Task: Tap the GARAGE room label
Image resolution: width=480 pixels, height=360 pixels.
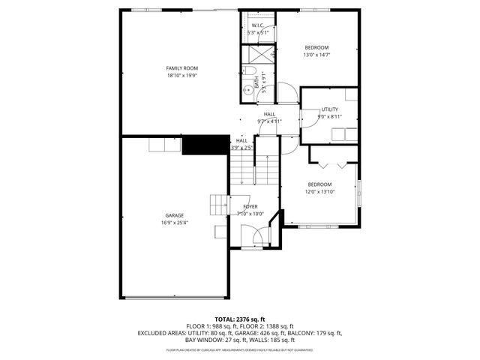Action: click(174, 215)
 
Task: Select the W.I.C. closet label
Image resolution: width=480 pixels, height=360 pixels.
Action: click(257, 25)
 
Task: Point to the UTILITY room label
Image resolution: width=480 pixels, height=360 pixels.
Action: click(330, 109)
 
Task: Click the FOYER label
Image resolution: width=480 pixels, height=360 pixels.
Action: click(250, 206)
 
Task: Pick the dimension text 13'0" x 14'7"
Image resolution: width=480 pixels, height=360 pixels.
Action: click(316, 54)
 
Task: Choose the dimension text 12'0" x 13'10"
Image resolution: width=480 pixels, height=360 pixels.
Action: click(319, 191)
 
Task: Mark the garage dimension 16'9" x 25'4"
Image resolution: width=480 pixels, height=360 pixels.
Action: click(174, 222)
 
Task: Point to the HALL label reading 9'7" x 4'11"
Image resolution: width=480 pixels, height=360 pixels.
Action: click(269, 118)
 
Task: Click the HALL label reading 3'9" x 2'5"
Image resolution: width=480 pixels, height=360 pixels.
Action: click(241, 144)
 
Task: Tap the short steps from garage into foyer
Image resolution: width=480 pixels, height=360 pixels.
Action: click(218, 203)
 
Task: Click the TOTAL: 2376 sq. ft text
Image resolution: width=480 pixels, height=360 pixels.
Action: click(240, 319)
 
